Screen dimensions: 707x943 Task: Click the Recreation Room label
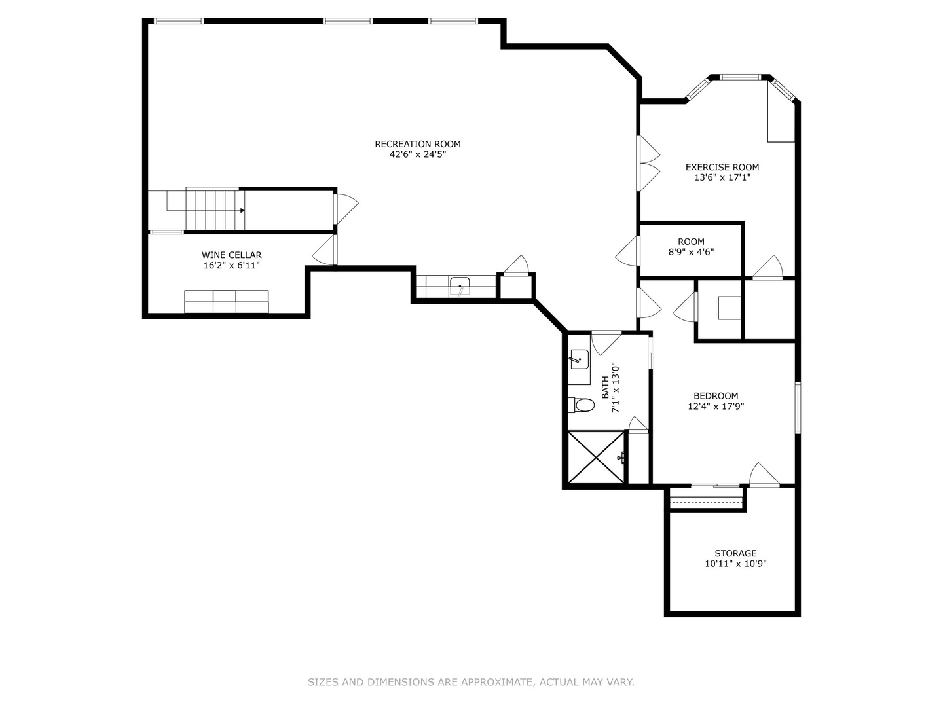(x=417, y=144)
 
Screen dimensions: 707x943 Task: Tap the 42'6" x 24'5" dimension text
(x=417, y=155)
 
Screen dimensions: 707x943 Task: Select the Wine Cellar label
(x=231, y=255)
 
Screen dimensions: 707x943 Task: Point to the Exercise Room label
(x=722, y=167)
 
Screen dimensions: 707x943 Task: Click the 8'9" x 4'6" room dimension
(x=691, y=251)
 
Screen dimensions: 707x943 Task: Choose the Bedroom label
(x=715, y=395)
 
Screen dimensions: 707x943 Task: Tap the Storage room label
(x=735, y=553)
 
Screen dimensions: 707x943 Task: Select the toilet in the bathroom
(x=581, y=405)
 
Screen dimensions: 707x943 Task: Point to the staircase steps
(x=215, y=210)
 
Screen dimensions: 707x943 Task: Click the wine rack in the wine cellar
(x=226, y=302)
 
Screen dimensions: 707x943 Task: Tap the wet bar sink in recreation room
(x=460, y=285)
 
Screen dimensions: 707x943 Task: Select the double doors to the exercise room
(x=648, y=164)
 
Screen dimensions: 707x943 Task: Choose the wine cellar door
(x=325, y=249)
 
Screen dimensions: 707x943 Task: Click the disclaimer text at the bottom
(x=471, y=682)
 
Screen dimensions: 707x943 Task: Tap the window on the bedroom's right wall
(x=798, y=407)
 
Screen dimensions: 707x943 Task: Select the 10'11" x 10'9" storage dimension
(x=735, y=564)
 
